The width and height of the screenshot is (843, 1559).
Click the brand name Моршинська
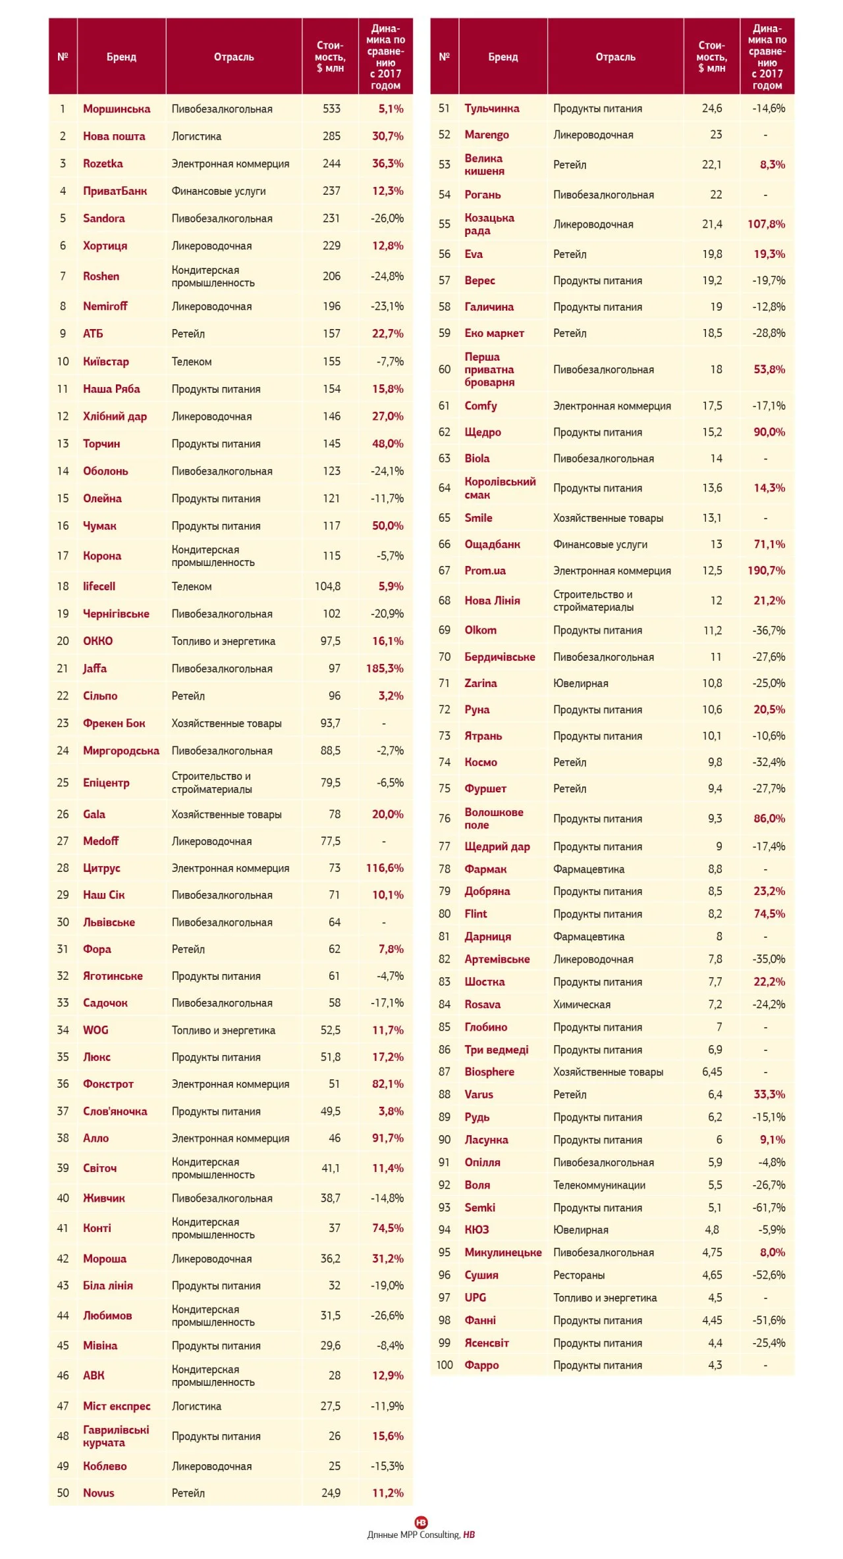[117, 109]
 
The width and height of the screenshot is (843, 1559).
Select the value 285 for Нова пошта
[331, 136]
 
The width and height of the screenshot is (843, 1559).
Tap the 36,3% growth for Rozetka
[387, 163]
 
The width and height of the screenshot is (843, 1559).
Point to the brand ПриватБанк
[115, 191]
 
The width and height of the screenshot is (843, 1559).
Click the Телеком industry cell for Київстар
[192, 361]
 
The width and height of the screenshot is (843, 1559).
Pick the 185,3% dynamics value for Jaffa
[385, 669]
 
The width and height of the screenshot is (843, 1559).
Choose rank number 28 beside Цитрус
[63, 868]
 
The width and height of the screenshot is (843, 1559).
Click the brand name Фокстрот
[108, 1084]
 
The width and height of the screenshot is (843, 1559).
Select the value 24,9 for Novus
[331, 1493]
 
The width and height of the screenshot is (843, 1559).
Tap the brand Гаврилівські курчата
[116, 1436]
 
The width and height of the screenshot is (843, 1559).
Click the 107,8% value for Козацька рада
[766, 224]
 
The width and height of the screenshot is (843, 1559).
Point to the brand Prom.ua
[485, 571]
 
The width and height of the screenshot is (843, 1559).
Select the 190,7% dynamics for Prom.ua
[766, 571]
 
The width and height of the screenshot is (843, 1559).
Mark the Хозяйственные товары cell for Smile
[608, 518]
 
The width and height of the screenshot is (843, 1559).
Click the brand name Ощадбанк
[492, 544]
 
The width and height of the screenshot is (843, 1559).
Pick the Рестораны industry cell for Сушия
[579, 1275]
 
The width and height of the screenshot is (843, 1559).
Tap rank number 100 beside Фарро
[445, 1365]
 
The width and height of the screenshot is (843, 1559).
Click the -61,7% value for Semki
[769, 1208]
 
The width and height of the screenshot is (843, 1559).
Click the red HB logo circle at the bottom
[421, 1522]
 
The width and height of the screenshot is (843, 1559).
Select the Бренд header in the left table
[121, 57]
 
